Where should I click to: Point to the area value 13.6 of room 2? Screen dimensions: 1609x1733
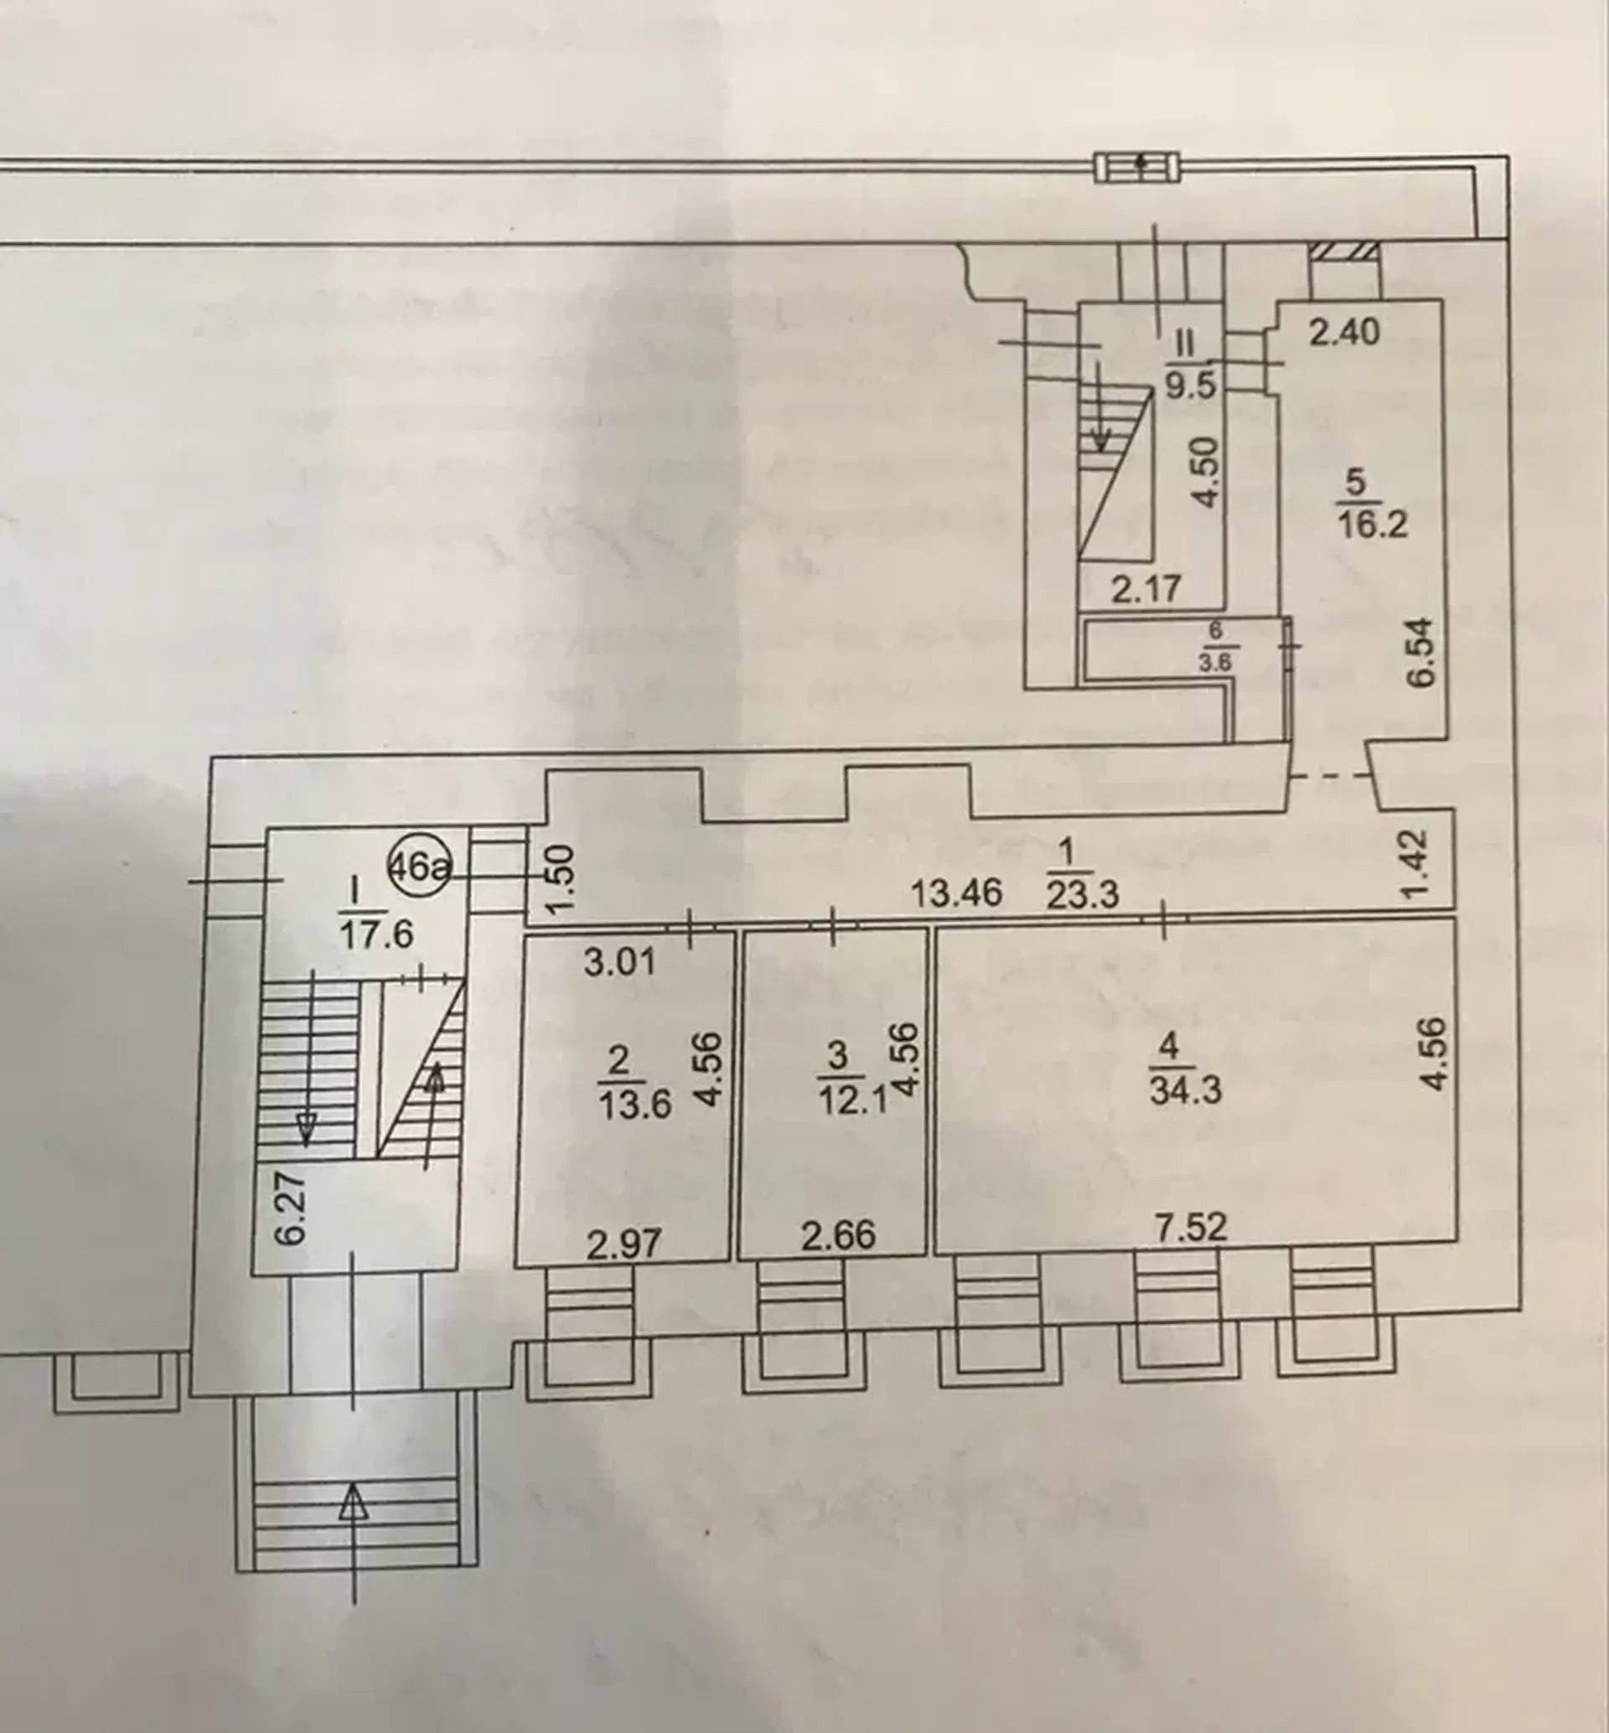pos(635,1105)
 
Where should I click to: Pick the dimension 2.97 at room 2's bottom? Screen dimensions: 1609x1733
pos(623,1244)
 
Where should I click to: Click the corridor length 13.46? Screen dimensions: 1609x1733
pos(957,892)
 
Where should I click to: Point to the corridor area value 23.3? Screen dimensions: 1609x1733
pos(1082,895)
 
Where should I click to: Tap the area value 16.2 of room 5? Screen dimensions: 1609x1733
pos(1373,525)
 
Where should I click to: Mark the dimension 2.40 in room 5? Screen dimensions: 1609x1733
pos(1345,332)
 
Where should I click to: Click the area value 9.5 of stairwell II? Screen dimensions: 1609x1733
pos(1190,384)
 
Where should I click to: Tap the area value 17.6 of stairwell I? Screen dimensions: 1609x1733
pos(375,934)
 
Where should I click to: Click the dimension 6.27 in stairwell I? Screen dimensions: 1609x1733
pos(295,1208)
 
